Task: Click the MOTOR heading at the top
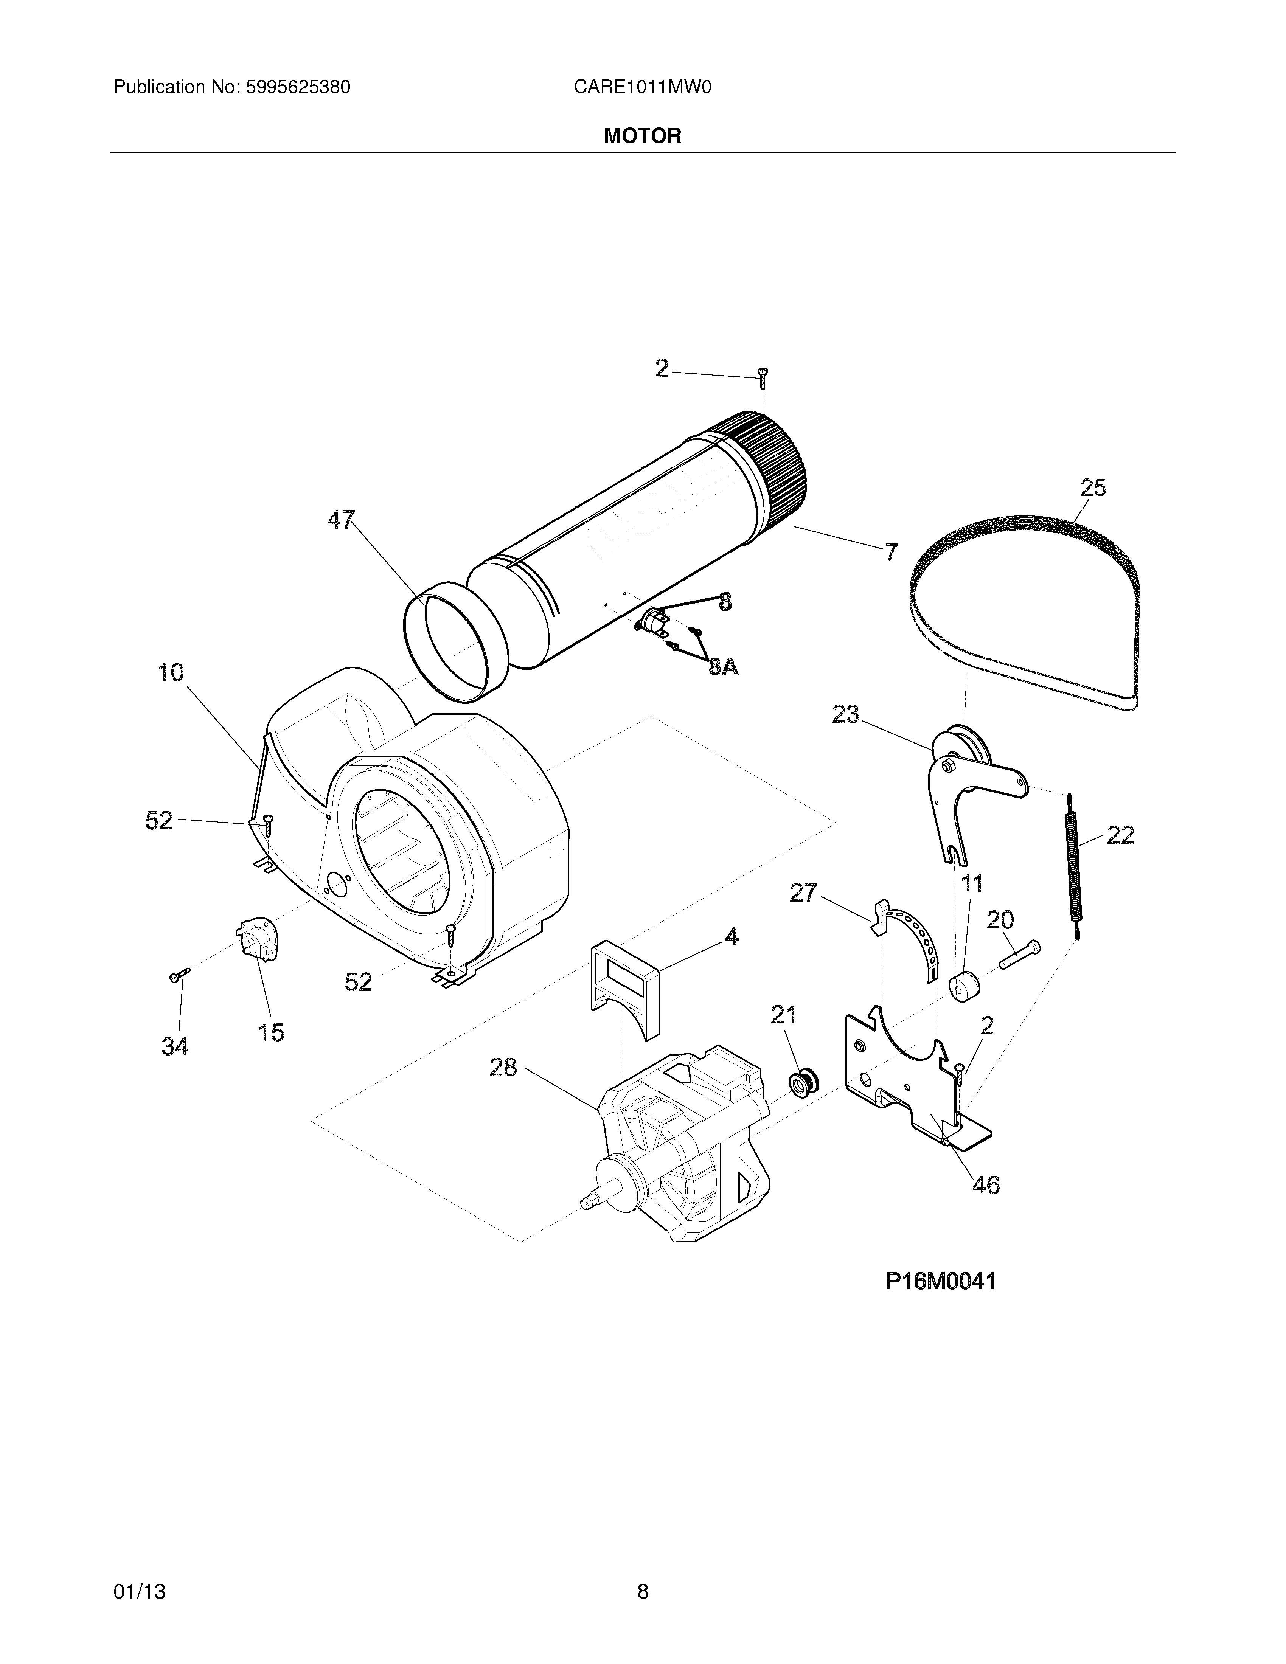tap(642, 137)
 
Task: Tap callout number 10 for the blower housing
tap(171, 673)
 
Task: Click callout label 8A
tap(723, 667)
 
